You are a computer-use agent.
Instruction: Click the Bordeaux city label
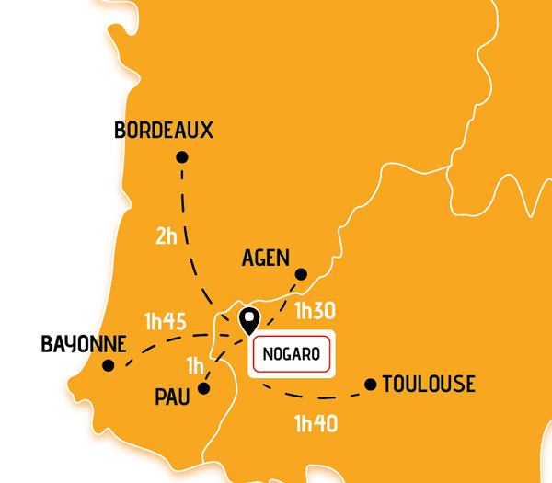point(164,131)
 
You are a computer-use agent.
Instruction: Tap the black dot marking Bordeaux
point(182,157)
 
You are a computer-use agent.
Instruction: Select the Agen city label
point(266,259)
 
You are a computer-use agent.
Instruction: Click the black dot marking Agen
point(301,274)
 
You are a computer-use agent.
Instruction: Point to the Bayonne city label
point(84,344)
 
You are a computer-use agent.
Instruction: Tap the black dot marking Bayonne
point(109,365)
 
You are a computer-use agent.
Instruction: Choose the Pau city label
point(172,397)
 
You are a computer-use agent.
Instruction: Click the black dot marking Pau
point(204,388)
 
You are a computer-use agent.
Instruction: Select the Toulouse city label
point(429,385)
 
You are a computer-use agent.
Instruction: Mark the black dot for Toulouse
point(370,384)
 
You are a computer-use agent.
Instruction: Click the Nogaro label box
point(291,354)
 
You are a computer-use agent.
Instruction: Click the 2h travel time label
point(167,236)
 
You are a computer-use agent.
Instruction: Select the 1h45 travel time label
point(166,322)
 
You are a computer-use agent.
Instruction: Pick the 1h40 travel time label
point(316,424)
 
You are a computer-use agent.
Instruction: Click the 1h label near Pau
point(195,366)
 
